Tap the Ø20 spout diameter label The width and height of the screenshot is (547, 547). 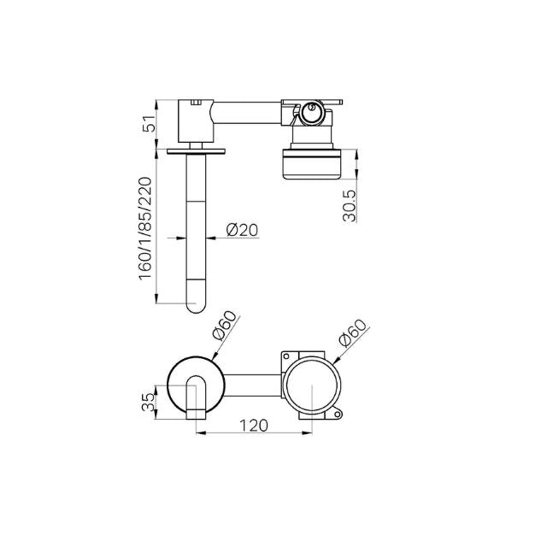click(242, 230)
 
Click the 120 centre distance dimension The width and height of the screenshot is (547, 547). click(255, 426)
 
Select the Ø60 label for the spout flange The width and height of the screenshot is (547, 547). click(225, 327)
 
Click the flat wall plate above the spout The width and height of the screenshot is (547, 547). click(197, 149)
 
